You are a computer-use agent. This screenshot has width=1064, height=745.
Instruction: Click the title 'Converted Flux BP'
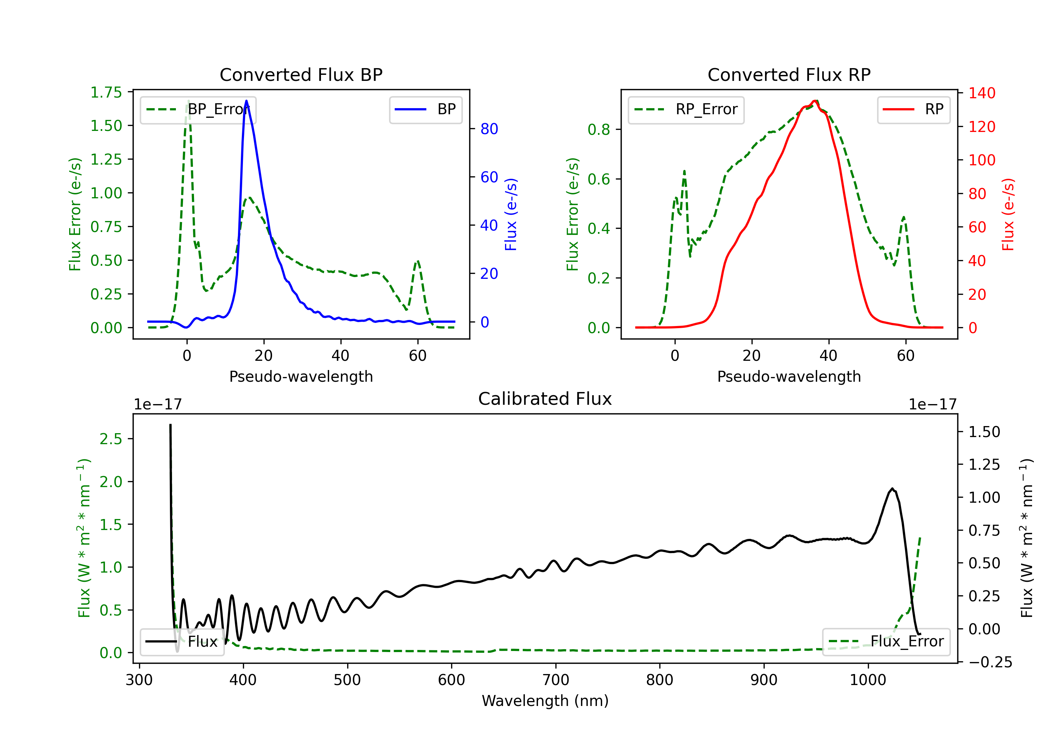pos(301,74)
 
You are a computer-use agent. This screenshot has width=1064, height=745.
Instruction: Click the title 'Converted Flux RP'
pos(789,74)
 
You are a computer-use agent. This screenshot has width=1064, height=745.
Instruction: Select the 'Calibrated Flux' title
pos(545,399)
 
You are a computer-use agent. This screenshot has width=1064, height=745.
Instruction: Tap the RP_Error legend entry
pos(686,109)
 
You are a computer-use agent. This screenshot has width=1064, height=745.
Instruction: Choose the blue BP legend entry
pos(425,109)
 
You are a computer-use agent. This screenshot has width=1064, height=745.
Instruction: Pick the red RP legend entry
pos(913,109)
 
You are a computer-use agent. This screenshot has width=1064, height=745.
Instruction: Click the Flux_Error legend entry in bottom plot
pos(886,642)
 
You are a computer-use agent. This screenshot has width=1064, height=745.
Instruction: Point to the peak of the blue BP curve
pos(246,101)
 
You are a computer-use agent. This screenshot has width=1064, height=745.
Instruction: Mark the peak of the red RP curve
pos(815,101)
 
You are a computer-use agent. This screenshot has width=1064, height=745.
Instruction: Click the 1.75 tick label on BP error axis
pos(106,92)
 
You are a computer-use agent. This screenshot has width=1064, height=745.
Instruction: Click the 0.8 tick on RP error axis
pos(599,129)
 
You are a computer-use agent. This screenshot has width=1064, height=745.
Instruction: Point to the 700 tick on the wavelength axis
pos(556,680)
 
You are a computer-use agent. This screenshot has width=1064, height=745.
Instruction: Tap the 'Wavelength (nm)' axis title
pos(545,701)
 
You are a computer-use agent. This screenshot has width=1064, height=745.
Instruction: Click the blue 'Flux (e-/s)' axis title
pos(511,215)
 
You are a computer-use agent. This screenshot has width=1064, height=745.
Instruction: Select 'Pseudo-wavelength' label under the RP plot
pos(789,376)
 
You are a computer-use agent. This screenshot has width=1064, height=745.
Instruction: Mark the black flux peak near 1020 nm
pos(892,489)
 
